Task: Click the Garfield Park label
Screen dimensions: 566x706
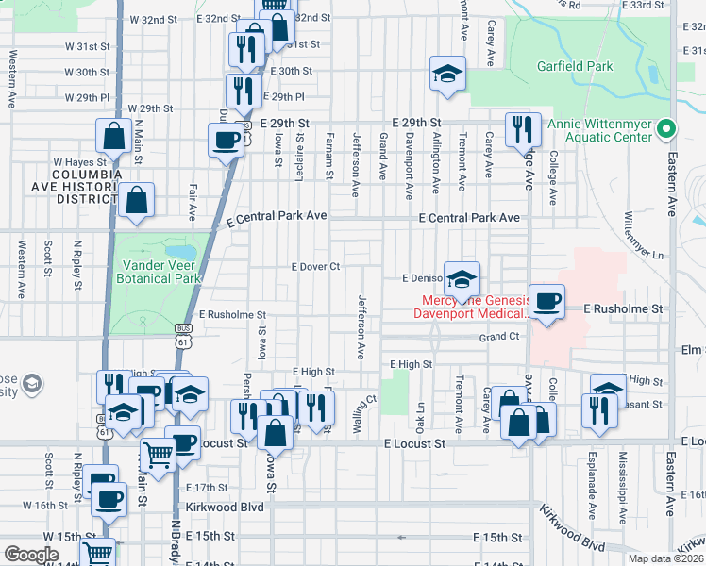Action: [x=575, y=66]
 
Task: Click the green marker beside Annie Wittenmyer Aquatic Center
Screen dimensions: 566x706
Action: [x=667, y=128]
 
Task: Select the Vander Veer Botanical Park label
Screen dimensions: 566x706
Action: [x=158, y=272]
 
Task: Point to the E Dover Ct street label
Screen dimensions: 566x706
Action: [x=315, y=267]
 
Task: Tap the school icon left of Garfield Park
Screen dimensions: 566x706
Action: [x=447, y=73]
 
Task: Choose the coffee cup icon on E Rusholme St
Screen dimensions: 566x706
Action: [x=546, y=302]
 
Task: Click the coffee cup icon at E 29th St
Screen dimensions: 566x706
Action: [x=227, y=140]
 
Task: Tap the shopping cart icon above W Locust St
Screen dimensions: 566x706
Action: [x=158, y=455]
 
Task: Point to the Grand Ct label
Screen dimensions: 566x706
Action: [x=499, y=337]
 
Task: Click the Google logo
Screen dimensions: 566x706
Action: [x=32, y=555]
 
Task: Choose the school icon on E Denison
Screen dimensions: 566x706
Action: [x=462, y=279]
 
